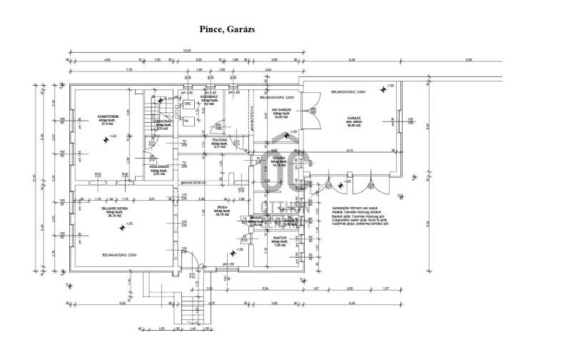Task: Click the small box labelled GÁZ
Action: pos(187,104)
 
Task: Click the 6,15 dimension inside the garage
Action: pos(350,151)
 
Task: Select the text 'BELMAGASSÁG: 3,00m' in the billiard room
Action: pos(120,254)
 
